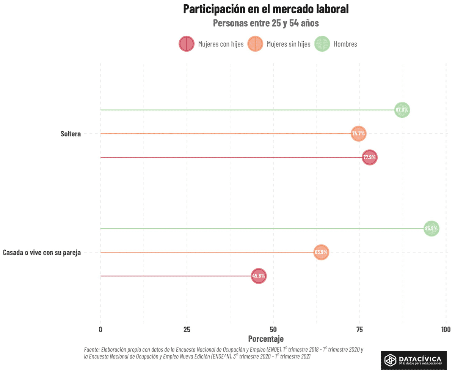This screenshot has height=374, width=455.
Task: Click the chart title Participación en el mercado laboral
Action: point(266,9)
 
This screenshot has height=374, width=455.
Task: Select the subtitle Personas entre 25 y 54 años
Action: point(266,23)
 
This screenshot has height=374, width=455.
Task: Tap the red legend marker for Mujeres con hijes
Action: point(187,44)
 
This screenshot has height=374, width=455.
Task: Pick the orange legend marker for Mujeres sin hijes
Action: point(255,44)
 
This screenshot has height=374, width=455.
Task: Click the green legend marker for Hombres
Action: point(322,44)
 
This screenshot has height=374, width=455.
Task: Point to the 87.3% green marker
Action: point(402,110)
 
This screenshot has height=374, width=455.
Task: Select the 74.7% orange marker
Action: point(358,134)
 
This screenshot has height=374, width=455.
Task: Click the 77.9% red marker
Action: point(370,157)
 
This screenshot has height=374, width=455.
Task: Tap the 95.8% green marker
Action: point(431,229)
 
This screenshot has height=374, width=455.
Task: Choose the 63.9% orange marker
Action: point(321,252)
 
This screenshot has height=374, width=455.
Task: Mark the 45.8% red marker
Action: point(259,276)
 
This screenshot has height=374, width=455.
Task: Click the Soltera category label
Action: point(71,134)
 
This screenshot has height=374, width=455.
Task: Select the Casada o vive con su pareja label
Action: point(42,252)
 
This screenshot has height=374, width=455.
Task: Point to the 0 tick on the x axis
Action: point(100,329)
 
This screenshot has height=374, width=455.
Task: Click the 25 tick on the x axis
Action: point(187,329)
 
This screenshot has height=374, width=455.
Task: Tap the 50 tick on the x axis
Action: point(273,329)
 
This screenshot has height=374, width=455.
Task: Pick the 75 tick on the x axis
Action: point(359,329)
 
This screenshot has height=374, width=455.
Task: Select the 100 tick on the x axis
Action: point(446,329)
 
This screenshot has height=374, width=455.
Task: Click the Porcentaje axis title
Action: point(266,338)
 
